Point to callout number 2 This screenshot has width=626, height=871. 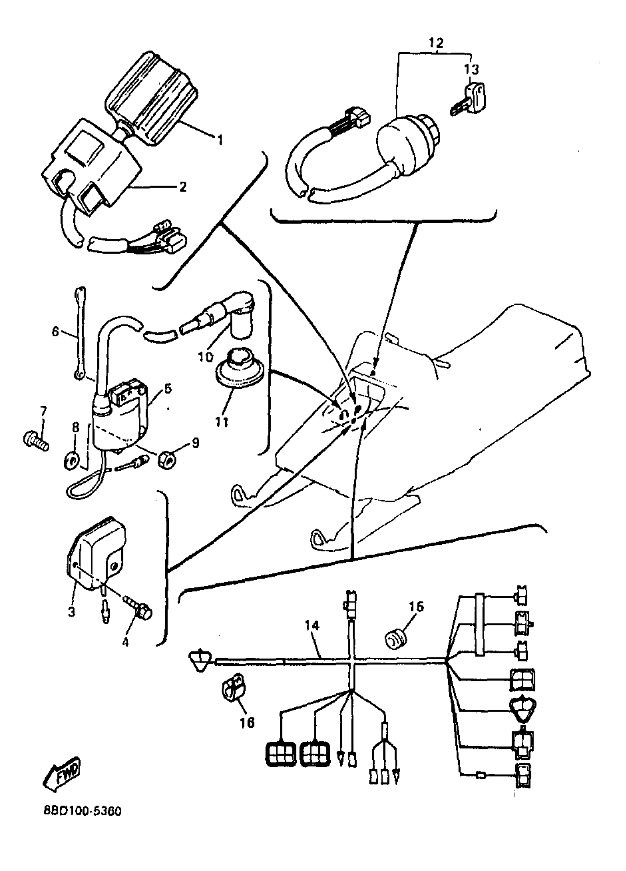(183, 187)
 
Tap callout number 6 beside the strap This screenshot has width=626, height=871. (56, 331)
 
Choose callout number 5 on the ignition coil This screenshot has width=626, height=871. (168, 389)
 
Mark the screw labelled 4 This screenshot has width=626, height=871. (142, 610)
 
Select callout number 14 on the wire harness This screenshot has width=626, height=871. (312, 626)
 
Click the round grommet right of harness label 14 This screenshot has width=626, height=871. (395, 639)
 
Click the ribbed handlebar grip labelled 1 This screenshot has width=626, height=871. (152, 96)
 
